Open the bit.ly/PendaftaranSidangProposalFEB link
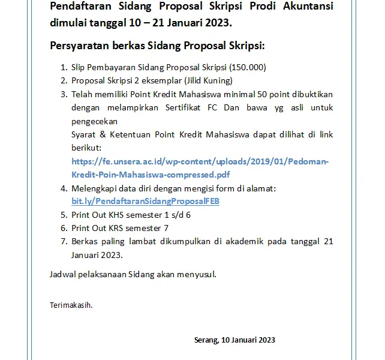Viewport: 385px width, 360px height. point(145,201)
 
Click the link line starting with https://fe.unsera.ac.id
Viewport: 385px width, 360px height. point(200,161)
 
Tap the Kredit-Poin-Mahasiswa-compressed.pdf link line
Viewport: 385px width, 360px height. point(151,175)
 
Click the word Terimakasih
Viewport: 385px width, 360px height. point(71,305)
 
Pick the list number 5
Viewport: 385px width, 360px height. point(64,215)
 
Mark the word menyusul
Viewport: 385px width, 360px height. point(196,275)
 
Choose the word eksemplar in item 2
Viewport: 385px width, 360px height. point(145,80)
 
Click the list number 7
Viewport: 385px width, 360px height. point(64,241)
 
